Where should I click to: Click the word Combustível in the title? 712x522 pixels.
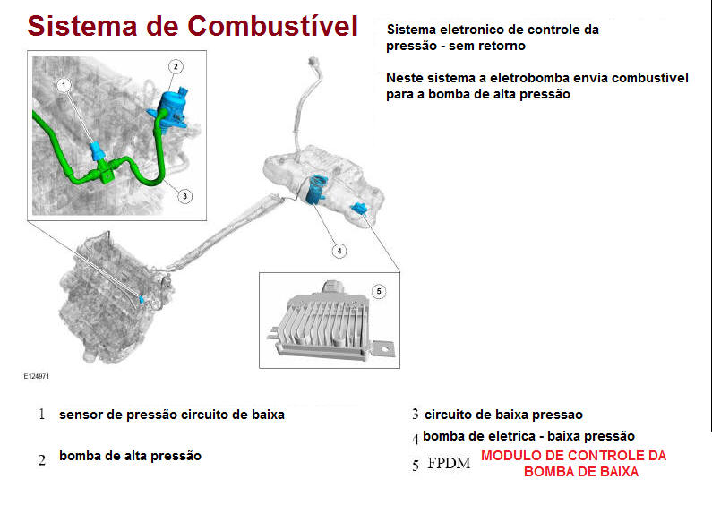272,26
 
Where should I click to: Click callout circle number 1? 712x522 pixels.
64,85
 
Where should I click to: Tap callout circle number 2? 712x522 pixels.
176,67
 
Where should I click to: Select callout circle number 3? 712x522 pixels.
184,196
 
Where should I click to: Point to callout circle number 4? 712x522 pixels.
339,251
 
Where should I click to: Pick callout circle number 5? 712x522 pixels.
379,291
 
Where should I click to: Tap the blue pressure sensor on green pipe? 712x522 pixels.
98,151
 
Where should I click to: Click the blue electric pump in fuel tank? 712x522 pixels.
316,189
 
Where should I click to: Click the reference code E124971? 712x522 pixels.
37,376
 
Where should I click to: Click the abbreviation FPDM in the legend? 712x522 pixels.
449,463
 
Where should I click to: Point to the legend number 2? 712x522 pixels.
42,460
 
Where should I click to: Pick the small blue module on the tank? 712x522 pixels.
359,209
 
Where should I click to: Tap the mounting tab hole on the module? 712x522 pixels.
385,349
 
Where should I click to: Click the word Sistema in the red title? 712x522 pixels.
81,26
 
